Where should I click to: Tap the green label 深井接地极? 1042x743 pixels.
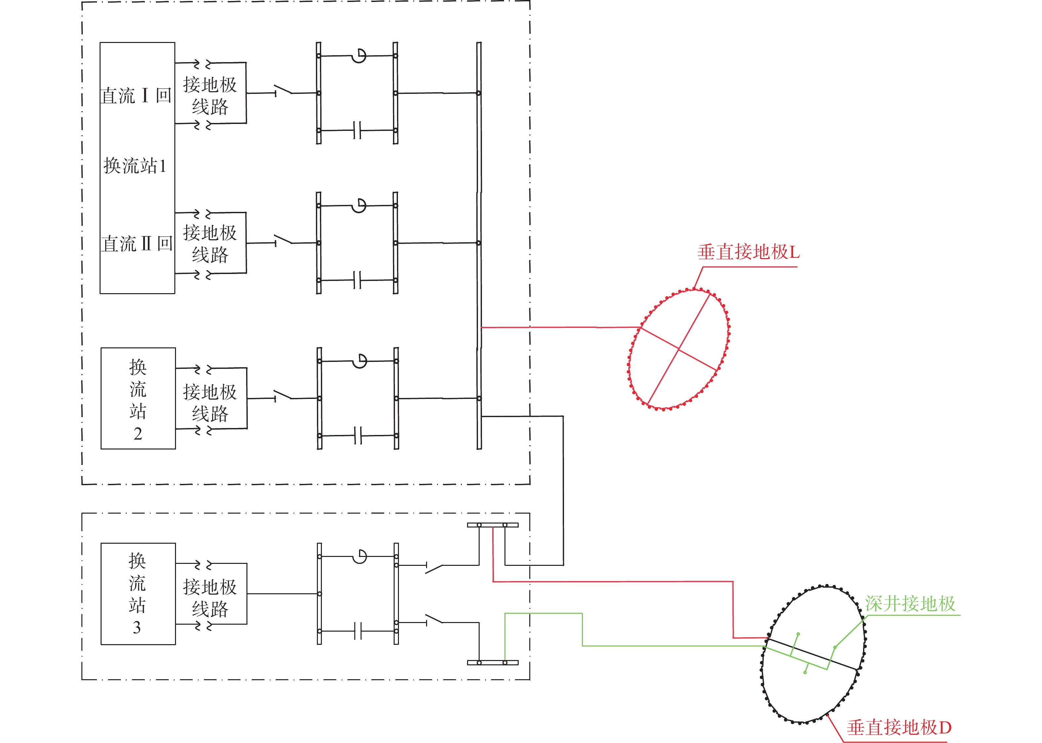click(x=910, y=604)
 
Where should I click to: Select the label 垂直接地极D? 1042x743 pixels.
click(x=899, y=727)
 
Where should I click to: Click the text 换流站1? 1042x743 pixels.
click(x=135, y=166)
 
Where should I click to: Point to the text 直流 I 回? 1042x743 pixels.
click(x=136, y=96)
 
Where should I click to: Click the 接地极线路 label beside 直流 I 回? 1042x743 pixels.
click(x=210, y=96)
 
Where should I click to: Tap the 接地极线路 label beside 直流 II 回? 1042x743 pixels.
click(x=210, y=243)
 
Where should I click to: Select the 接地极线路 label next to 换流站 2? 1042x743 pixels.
click(x=210, y=403)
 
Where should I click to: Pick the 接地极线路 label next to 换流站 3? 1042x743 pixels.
click(x=210, y=598)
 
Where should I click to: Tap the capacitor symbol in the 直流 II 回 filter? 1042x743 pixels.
click(x=358, y=280)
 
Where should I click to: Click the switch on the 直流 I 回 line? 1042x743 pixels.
click(x=283, y=90)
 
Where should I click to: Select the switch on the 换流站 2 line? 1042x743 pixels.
click(x=283, y=395)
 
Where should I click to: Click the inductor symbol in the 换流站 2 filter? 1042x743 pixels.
click(x=360, y=361)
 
